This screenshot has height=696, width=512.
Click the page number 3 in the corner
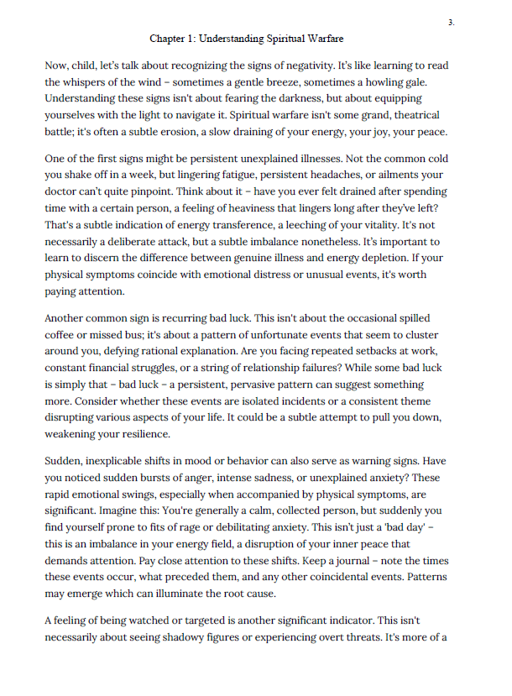pyautogui.click(x=451, y=23)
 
